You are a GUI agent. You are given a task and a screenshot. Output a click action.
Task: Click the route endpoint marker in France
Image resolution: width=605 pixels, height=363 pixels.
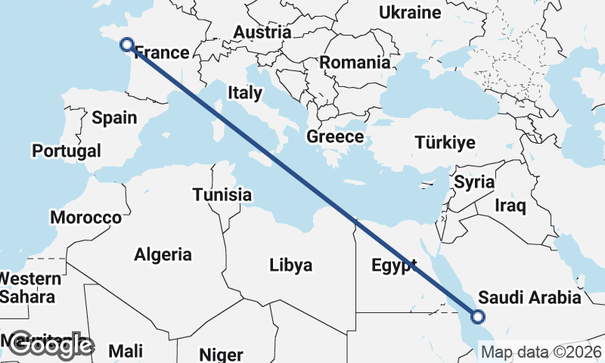(127, 45)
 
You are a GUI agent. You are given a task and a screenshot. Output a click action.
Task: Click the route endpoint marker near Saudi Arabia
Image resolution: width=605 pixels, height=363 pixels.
(478, 318)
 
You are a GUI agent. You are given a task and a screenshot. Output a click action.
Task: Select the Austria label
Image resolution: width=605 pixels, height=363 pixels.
(262, 33)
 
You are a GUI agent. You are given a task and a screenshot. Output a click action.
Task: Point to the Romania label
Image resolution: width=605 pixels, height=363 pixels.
(355, 62)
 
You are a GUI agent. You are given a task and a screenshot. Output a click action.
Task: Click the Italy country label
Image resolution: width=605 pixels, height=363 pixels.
(245, 93)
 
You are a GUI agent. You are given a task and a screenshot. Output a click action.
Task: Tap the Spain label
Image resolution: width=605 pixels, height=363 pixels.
(114, 117)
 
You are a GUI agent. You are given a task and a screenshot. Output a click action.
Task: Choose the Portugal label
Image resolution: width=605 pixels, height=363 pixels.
(67, 150)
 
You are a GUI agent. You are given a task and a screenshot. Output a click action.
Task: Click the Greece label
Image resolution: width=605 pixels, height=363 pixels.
(335, 137)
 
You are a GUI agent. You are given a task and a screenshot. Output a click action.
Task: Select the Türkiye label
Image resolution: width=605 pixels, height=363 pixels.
(445, 143)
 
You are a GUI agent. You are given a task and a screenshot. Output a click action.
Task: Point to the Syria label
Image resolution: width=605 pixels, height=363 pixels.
(474, 182)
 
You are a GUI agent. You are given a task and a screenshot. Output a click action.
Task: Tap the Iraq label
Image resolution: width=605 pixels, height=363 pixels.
(510, 206)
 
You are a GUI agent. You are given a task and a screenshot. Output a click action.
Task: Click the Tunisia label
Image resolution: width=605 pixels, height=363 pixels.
(222, 194)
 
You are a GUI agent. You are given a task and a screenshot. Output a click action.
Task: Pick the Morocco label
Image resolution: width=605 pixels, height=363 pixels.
(86, 218)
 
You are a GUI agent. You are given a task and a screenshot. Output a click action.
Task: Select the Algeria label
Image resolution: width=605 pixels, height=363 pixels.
(163, 255)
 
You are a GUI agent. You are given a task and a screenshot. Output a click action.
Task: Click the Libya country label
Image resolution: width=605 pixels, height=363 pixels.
(291, 265)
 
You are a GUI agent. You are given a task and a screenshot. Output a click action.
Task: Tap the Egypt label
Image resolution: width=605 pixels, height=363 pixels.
(394, 265)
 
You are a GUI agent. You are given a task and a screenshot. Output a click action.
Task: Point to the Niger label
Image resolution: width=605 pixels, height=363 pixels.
(221, 354)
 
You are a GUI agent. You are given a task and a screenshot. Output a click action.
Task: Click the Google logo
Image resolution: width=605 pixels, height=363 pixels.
(51, 346)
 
